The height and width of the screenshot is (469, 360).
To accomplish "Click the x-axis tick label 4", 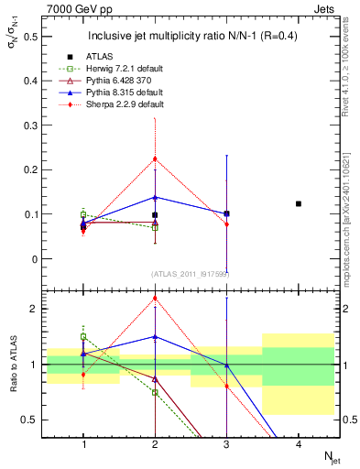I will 298,445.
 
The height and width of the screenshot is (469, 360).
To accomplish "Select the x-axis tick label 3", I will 226,445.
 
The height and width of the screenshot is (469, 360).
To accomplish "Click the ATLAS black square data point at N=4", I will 299,203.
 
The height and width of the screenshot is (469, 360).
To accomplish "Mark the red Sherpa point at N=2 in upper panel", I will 155,158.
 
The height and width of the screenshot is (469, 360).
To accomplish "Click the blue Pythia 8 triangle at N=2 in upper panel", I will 155,197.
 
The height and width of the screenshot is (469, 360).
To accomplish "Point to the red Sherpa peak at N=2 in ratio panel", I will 155,297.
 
